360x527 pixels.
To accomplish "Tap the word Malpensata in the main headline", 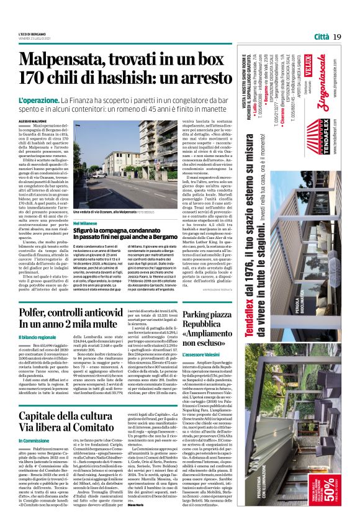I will click(71, 61).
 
